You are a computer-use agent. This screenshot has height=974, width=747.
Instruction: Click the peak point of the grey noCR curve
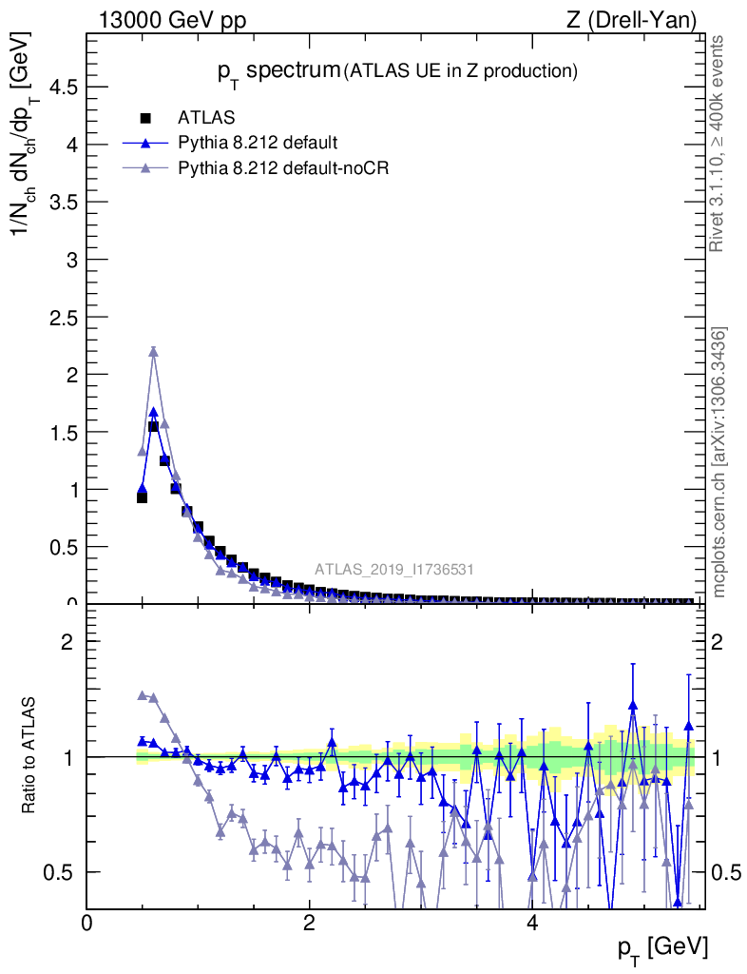coord(153,352)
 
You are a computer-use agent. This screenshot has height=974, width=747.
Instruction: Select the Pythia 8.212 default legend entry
coord(258,144)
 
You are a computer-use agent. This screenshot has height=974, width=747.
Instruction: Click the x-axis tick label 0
coord(87,923)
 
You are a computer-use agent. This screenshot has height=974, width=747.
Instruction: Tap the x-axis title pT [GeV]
coord(661,947)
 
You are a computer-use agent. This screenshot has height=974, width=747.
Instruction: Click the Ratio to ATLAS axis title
coord(29,757)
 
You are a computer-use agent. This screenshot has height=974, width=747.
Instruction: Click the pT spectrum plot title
coord(393,69)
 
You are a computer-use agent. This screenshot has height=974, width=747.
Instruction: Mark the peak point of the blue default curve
coord(153,413)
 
